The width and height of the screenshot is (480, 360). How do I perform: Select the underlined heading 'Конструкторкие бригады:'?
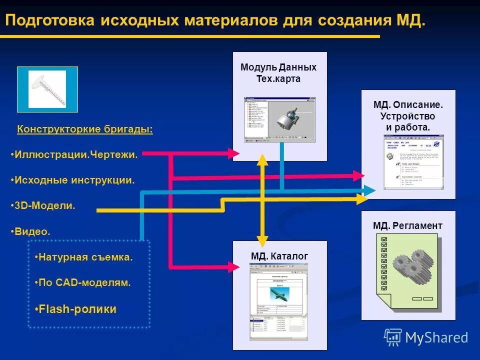click(85, 129)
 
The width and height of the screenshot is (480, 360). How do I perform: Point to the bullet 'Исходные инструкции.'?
click(73, 180)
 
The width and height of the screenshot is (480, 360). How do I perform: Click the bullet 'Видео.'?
click(30, 231)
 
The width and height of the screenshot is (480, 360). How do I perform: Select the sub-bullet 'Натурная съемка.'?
click(84, 257)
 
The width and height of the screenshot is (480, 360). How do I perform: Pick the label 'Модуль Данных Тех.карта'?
click(278, 73)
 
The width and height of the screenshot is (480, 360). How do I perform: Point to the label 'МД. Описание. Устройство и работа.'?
click(408, 116)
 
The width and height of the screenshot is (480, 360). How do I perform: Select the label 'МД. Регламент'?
click(407, 226)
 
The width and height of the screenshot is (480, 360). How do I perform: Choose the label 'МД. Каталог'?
click(279, 256)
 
